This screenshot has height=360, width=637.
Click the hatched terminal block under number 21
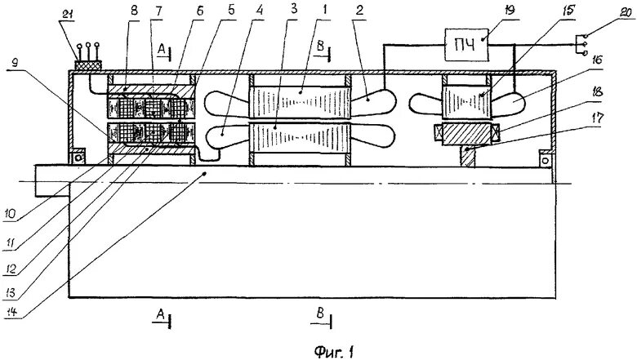[87, 63]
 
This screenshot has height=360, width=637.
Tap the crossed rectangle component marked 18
[468, 132]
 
